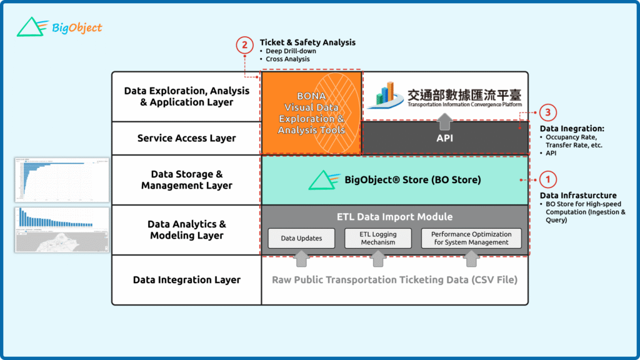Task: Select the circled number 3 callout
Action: pos(547,112)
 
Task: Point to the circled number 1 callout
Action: pos(547,179)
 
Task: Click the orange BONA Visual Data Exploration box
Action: pos(311,113)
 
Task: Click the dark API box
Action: pos(444,138)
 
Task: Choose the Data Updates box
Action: pos(301,238)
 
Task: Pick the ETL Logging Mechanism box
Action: pos(379,238)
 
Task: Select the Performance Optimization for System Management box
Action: pos(471,238)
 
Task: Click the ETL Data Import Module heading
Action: pos(394,217)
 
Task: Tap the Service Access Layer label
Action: pos(186,138)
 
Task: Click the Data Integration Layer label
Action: pos(186,280)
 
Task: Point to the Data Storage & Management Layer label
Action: pos(186,180)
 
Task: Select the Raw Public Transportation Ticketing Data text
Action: pos(394,280)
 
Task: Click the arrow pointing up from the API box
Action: pos(444,119)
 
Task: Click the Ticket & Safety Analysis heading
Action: pos(307,42)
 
